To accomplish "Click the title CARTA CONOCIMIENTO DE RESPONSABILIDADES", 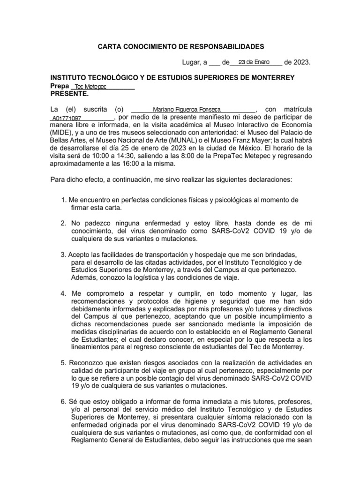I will pos(180,46).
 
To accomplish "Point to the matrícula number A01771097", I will pos(67,119).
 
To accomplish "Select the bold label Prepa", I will pos(59,86).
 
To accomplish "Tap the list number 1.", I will pos(63,200).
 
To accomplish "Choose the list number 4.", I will pos(63,293).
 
